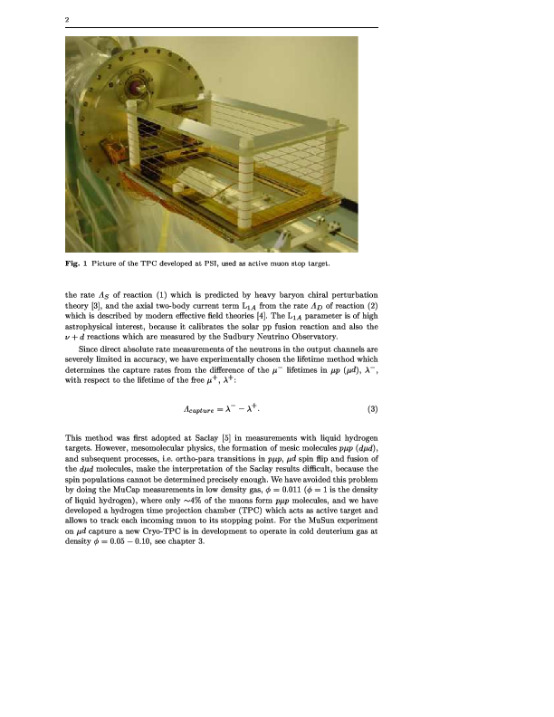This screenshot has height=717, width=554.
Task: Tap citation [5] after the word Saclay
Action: tap(236, 438)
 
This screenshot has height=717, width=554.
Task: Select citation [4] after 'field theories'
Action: tap(265, 317)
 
